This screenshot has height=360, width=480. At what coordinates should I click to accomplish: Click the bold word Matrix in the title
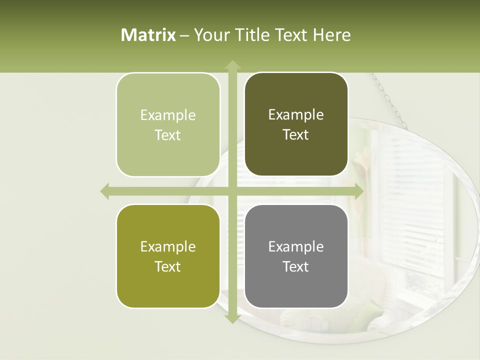pos(148,35)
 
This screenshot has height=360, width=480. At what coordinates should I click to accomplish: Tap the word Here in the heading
pos(331,35)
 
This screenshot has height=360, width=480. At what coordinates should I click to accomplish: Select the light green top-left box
pos(168,124)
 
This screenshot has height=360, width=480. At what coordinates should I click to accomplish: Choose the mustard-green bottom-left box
pos(168,256)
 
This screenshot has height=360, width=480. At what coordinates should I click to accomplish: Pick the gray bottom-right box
pos(296,256)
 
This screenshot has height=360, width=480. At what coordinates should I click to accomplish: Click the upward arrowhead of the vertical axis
pos(232,65)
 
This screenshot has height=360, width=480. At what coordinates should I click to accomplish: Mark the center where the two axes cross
pos(232,191)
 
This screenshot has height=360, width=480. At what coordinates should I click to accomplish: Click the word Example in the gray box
pos(296,246)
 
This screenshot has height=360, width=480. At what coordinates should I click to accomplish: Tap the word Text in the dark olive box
pos(296,135)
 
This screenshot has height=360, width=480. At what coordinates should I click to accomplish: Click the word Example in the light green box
pos(168,115)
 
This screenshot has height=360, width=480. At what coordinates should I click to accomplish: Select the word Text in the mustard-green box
pos(168,266)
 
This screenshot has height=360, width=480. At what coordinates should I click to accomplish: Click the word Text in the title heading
pos(291,35)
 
